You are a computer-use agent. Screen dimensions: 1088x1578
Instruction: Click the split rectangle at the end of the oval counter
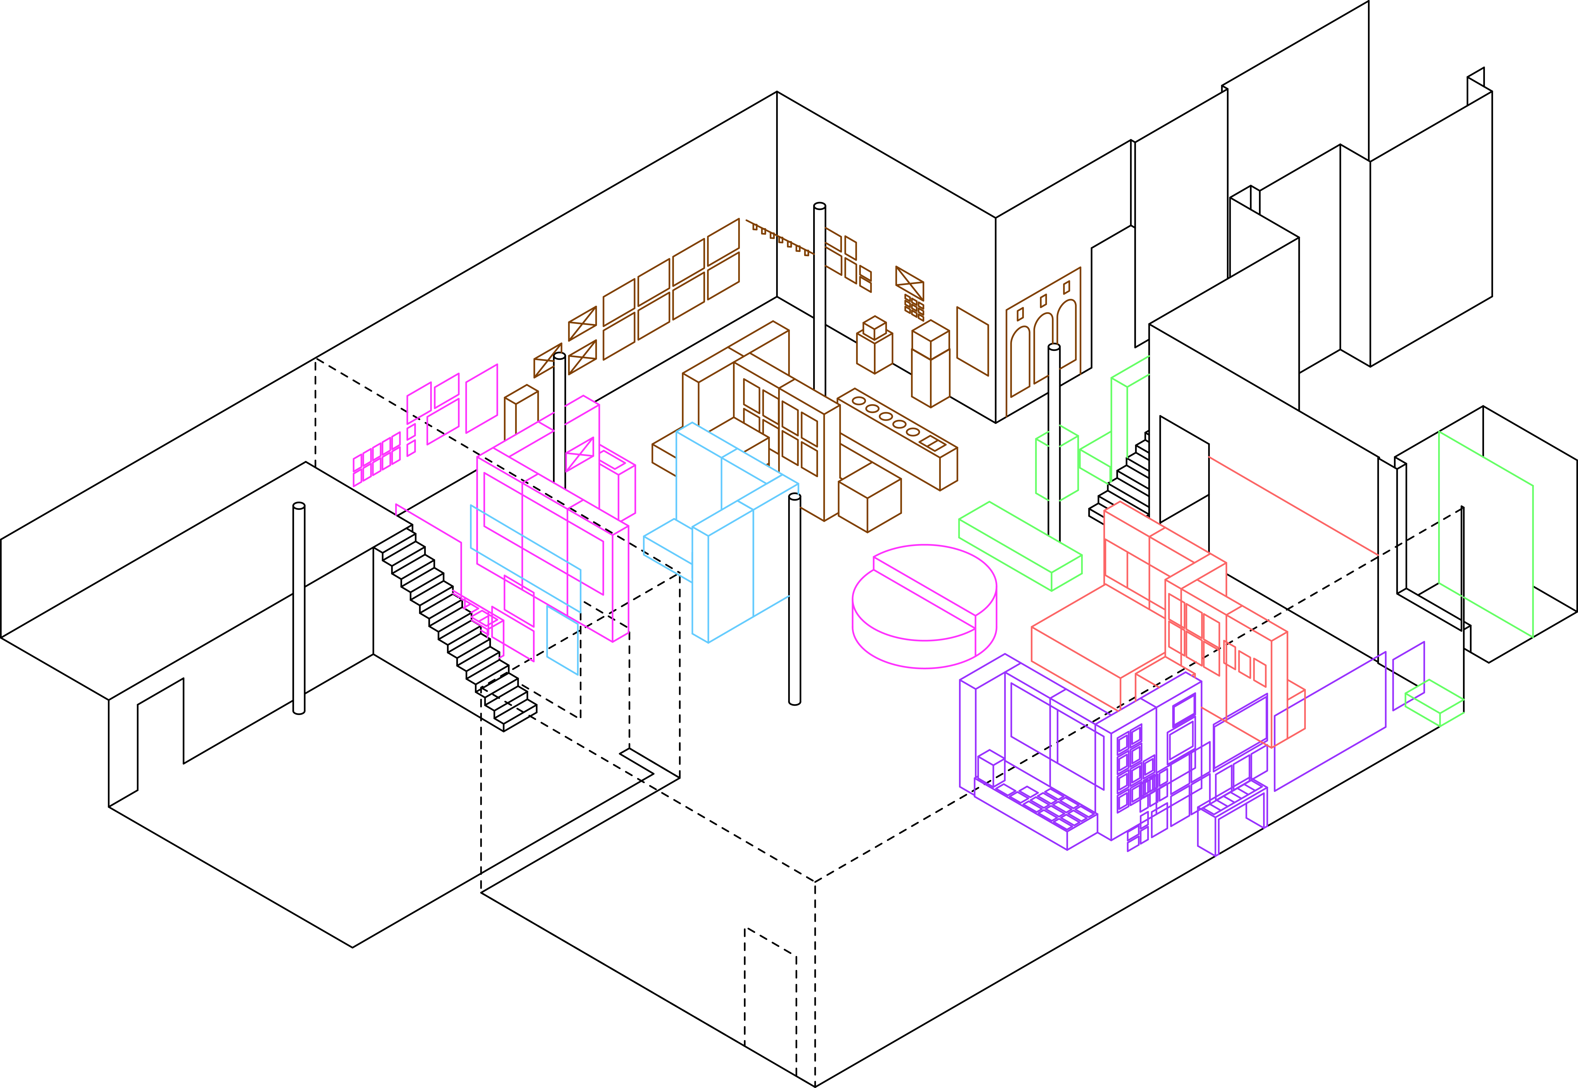coord(932,445)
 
